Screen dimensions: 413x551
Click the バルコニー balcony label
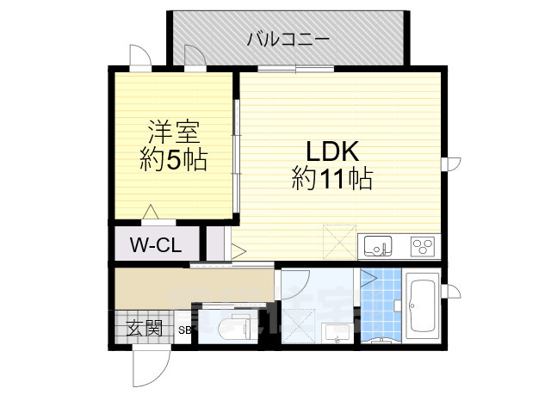pos(288,39)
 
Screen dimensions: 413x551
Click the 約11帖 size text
pos(331,179)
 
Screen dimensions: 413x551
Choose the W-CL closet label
pos(155,245)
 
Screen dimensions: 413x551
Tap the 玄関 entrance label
pos(145,328)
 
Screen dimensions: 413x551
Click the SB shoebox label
pos(184,330)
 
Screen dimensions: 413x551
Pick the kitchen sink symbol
pos(377,247)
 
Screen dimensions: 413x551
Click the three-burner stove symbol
pos(422,247)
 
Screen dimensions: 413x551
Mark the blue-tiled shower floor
pos(381,305)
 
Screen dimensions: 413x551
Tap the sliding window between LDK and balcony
pos(295,68)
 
